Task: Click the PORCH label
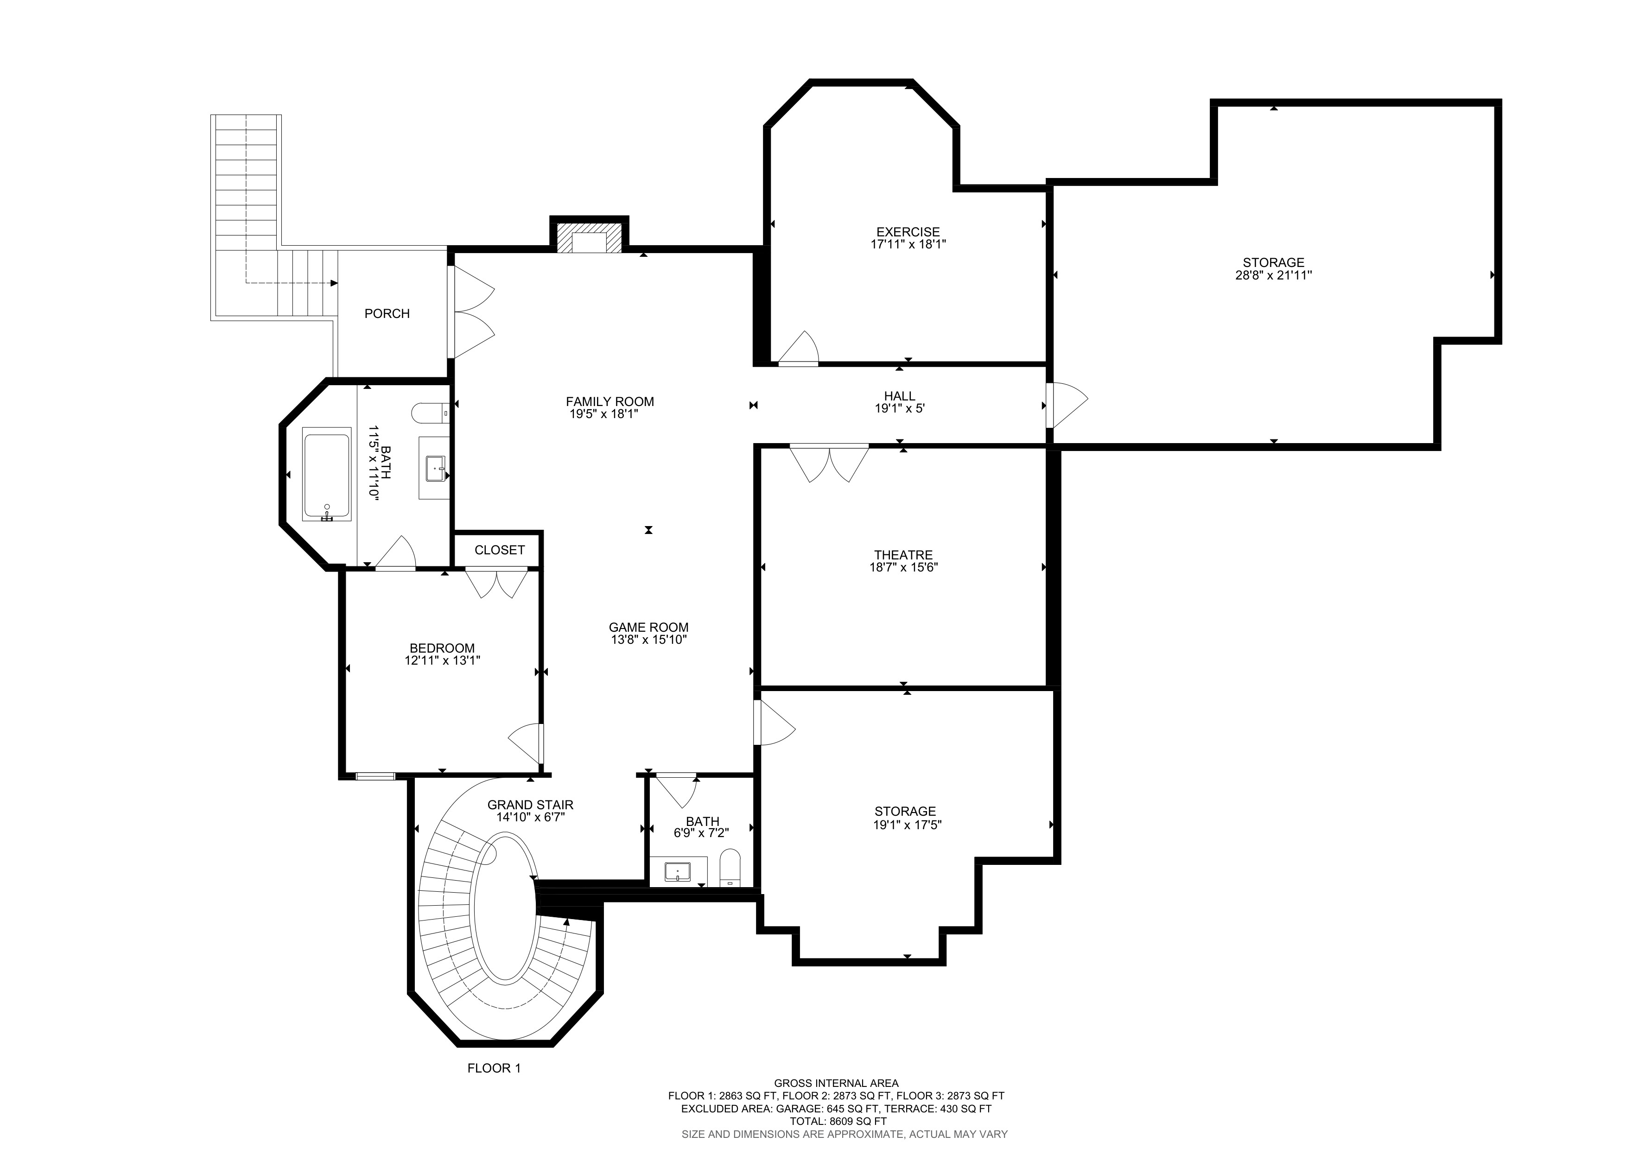(387, 314)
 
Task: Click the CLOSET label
(499, 550)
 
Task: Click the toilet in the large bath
(430, 412)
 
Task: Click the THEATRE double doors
(829, 463)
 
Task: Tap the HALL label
(899, 396)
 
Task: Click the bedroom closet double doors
(496, 582)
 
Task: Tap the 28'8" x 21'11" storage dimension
(1273, 275)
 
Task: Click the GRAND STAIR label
(530, 805)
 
